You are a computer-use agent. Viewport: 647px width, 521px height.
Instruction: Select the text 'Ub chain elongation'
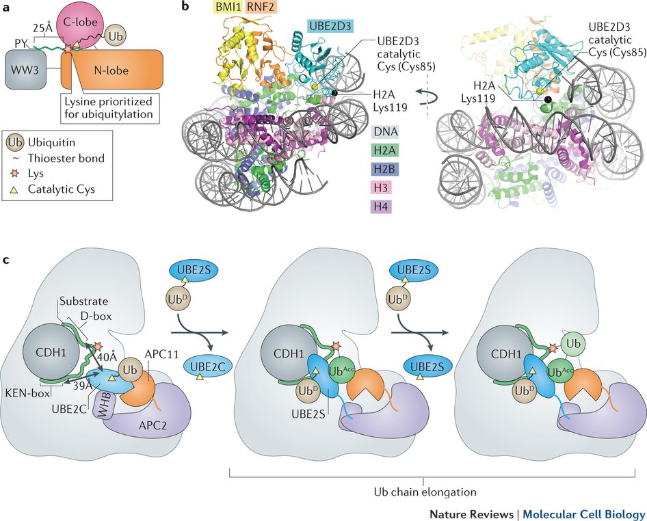424,492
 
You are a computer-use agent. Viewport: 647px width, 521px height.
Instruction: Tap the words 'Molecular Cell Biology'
585,513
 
